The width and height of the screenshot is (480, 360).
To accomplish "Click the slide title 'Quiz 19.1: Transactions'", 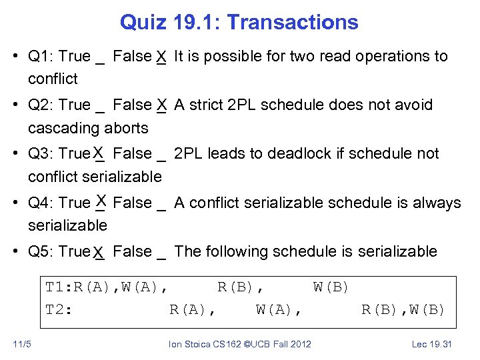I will pos(239,22).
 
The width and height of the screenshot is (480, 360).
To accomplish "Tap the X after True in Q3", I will pos(99,154).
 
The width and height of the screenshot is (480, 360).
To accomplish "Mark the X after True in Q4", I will pos(101,199).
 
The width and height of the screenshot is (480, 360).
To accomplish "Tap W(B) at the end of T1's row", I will pos(331,287).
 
